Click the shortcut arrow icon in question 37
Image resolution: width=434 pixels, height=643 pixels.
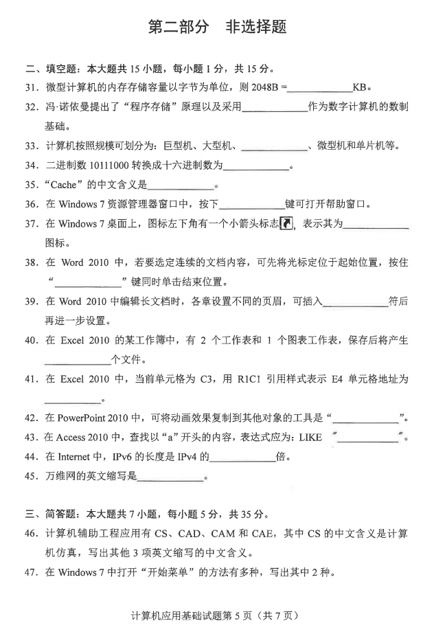click(287, 223)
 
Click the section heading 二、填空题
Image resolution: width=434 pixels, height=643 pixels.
click(52, 69)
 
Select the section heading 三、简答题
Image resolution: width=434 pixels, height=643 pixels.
click(52, 515)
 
